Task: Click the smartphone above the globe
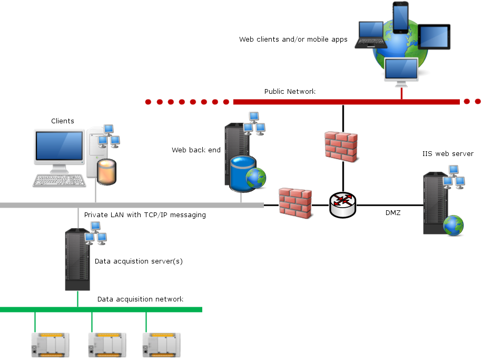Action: tap(401, 17)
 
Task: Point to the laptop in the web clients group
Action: tap(371, 35)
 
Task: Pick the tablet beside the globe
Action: tap(434, 37)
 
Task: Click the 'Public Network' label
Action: tap(290, 92)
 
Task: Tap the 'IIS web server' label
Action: tap(448, 154)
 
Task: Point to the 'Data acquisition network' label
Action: tap(140, 299)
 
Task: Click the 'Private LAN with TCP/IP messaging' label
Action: tap(145, 215)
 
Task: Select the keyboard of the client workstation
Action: tap(59, 180)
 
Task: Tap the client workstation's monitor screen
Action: tap(59, 145)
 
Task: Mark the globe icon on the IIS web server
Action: tap(454, 225)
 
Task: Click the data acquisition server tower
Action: tap(77, 259)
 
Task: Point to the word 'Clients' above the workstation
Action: tap(63, 121)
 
